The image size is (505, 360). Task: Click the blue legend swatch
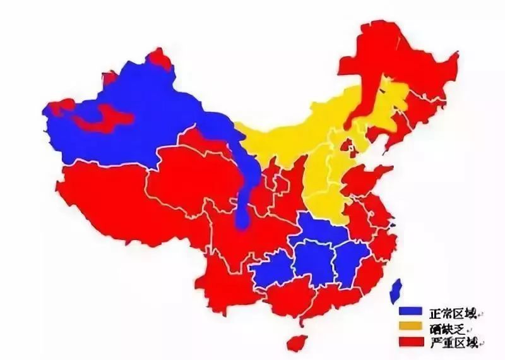point(410,311)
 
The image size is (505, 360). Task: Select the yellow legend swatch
point(410,327)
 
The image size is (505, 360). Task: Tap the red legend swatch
point(410,342)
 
